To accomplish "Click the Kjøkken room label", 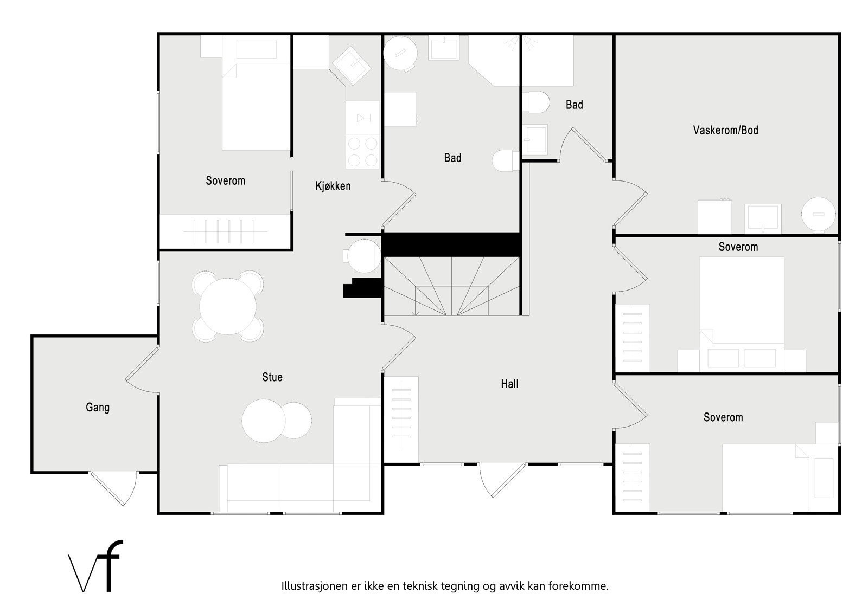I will tap(333, 186).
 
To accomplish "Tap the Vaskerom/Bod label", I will tap(725, 130).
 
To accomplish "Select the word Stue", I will tap(272, 377).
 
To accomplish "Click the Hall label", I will tap(509, 384).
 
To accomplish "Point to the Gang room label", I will tap(98, 407).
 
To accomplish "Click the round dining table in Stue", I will tap(228, 306).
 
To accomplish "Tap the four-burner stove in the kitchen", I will tap(363, 152).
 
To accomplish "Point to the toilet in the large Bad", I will tap(505, 160).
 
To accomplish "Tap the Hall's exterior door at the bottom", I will tap(502, 480).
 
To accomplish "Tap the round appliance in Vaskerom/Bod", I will tap(818, 215).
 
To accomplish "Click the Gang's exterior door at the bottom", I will tap(114, 488).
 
